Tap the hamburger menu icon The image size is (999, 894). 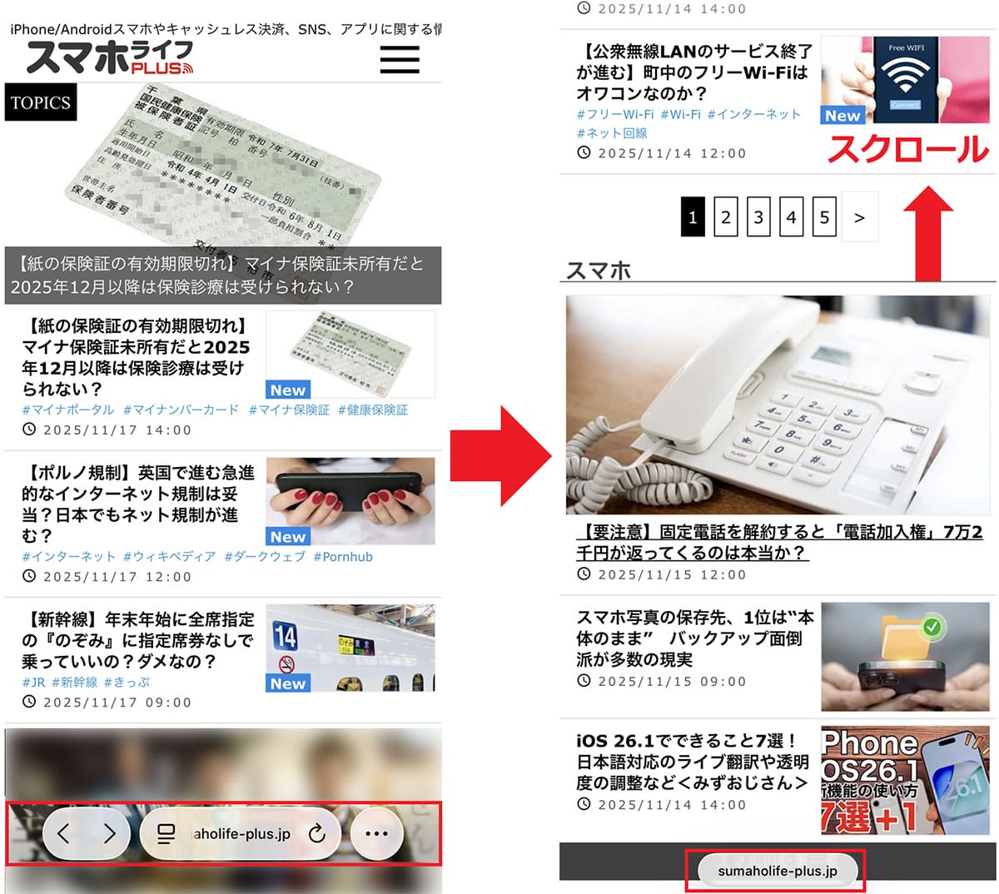[400, 59]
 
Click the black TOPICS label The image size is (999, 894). [41, 102]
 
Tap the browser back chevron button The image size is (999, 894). [64, 833]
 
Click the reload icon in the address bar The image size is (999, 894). [317, 833]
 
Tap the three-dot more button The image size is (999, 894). [377, 833]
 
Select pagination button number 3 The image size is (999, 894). [758, 218]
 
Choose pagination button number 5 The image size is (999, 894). [824, 218]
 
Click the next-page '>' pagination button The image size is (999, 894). [859, 218]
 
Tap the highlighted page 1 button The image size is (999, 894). [693, 218]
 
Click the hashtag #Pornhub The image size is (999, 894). [343, 557]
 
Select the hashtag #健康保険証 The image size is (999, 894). [373, 410]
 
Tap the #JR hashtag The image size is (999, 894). [33, 683]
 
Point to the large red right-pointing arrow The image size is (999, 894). [500, 456]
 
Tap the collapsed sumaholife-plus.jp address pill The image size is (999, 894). [776, 871]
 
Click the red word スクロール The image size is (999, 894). [907, 149]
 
